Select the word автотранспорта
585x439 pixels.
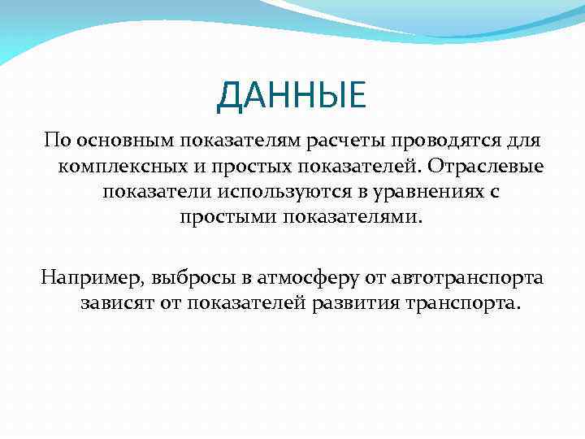[x=468, y=278]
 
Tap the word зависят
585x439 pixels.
[x=119, y=304]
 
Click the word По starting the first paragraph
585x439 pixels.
[x=57, y=141]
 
